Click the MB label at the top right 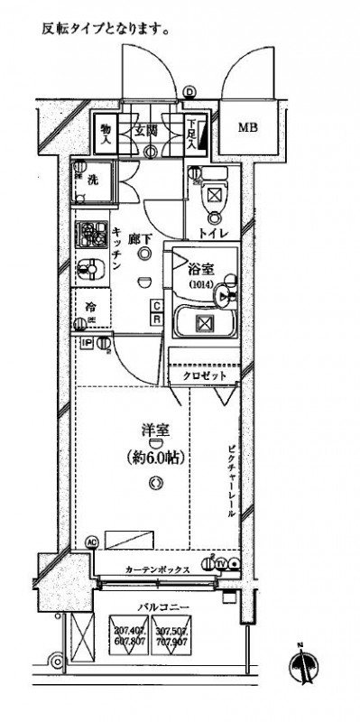tap(248, 127)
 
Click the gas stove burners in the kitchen tap(90, 236)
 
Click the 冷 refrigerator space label tap(91, 308)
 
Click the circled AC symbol tap(90, 542)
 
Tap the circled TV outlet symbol tap(221, 564)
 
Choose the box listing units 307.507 tap(173, 639)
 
